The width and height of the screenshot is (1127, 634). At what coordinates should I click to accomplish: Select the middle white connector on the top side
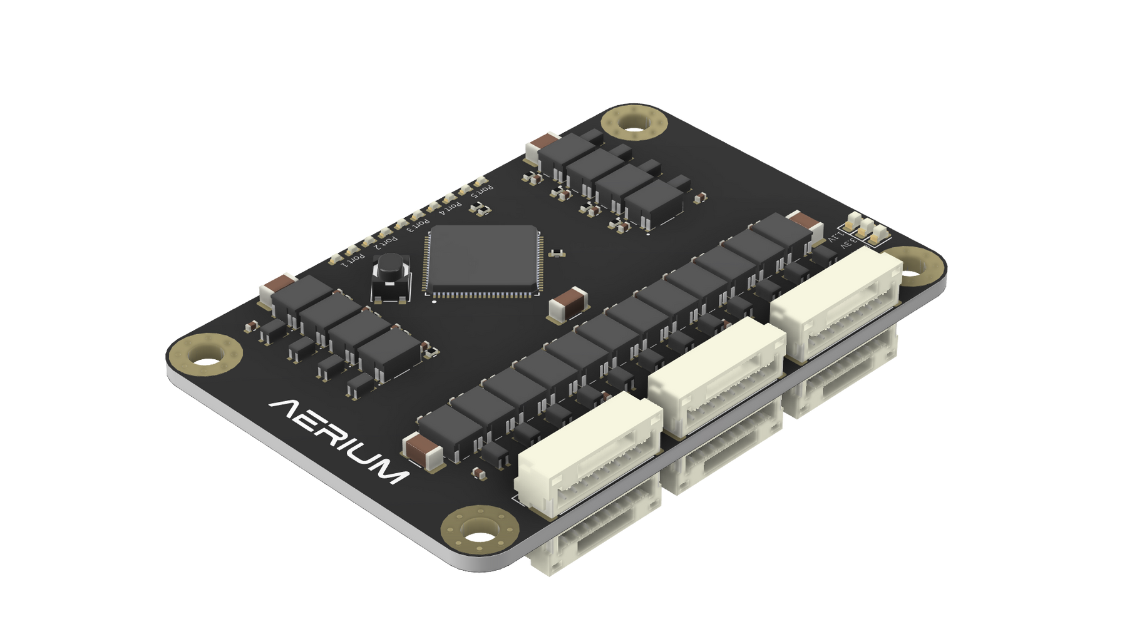[x=717, y=375]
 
